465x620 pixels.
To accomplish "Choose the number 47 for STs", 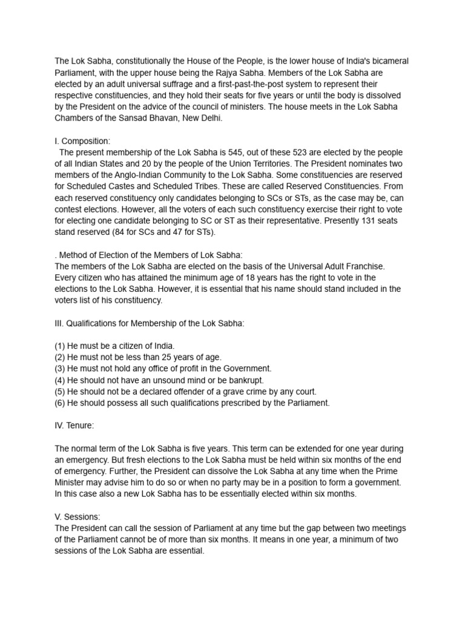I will (x=180, y=232).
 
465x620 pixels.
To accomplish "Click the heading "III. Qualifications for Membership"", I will (x=150, y=323).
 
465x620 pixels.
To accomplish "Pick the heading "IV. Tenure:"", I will (x=74, y=426).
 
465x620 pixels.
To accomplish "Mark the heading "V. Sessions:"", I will (x=77, y=516).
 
